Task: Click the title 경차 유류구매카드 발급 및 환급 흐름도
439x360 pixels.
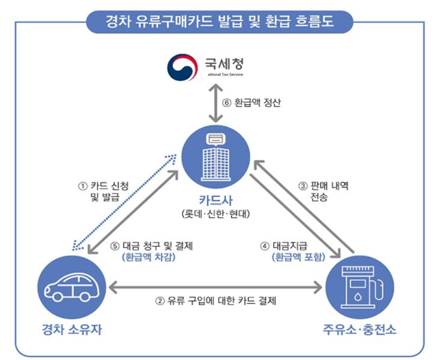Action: tap(219, 22)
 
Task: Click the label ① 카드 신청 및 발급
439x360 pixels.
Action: tap(103, 191)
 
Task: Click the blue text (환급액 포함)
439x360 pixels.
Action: tap(298, 257)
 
